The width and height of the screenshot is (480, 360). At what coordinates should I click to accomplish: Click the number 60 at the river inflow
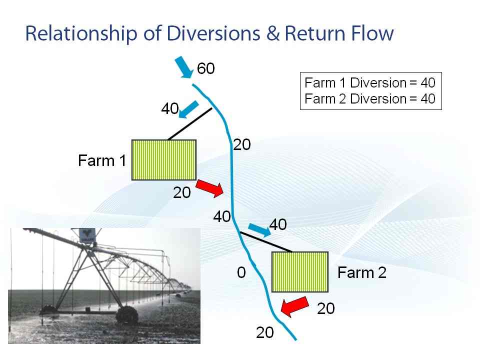(205, 68)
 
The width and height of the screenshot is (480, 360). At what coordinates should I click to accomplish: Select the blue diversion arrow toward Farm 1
(188, 109)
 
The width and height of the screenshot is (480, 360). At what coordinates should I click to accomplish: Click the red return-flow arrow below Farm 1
(210, 188)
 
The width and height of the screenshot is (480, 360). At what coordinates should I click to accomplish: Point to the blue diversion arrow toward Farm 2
(259, 230)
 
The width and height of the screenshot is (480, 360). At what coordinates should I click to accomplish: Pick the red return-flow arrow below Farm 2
(294, 306)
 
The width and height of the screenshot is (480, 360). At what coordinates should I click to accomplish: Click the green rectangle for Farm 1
(164, 160)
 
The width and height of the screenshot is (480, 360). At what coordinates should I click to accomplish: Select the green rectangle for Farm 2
(300, 272)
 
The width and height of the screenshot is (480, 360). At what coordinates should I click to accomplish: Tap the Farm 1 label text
(102, 160)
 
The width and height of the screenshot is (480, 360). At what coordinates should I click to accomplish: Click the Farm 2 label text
(362, 272)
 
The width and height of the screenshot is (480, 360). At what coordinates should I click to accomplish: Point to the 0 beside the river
(241, 272)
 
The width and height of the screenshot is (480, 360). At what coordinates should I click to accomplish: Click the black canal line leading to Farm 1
(190, 124)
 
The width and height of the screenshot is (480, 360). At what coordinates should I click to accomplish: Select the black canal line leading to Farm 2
(265, 242)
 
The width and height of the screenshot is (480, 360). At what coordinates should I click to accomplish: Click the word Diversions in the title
(213, 33)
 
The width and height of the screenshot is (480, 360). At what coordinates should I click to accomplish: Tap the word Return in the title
(315, 33)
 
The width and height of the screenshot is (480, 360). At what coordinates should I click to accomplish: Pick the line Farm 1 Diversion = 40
(370, 82)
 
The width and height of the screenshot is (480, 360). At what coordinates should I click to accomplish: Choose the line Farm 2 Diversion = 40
(370, 99)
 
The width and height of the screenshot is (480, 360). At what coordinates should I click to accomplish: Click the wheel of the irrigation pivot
(126, 315)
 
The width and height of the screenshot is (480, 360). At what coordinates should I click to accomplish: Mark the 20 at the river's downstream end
(265, 332)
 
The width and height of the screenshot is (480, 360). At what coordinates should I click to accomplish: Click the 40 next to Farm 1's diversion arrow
(170, 108)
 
